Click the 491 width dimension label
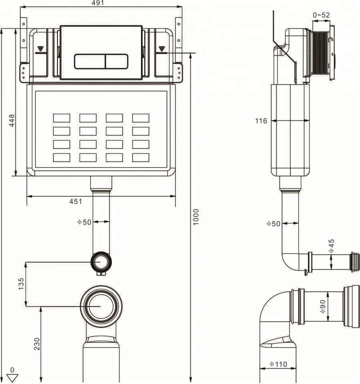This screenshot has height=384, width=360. pyautogui.click(x=98, y=3)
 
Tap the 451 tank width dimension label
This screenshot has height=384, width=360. pyautogui.click(x=76, y=202)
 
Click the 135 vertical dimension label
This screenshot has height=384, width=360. pyautogui.click(x=21, y=284)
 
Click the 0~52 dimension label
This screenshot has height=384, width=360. pyautogui.click(x=321, y=15)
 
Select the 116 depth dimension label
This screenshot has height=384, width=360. pyautogui.click(x=262, y=121)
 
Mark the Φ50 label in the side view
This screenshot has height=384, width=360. pyautogui.click(x=273, y=223)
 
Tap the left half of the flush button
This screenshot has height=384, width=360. pyautogui.click(x=90, y=61)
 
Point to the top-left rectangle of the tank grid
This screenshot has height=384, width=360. pyautogui.click(x=62, y=118)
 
